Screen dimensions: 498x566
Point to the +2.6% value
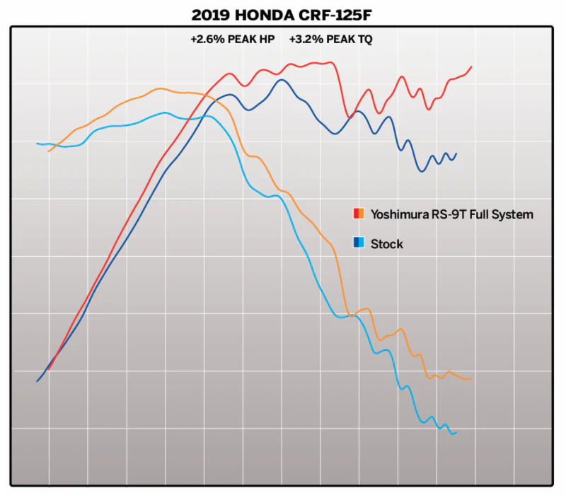tap(205, 40)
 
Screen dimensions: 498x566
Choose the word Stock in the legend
tap(387, 244)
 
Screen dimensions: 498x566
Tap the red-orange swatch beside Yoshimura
tap(359, 214)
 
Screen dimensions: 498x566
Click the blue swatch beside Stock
tap(359, 244)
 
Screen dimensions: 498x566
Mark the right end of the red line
tap(471, 66)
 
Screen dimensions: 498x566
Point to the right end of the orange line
tap(471, 379)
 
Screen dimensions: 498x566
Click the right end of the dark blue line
tap(456, 154)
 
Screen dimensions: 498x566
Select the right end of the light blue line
tap(456, 432)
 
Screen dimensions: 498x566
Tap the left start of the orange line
tap(48, 151)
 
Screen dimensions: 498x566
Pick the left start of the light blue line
tap(37, 144)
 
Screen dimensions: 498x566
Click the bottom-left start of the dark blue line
tap(37, 381)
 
